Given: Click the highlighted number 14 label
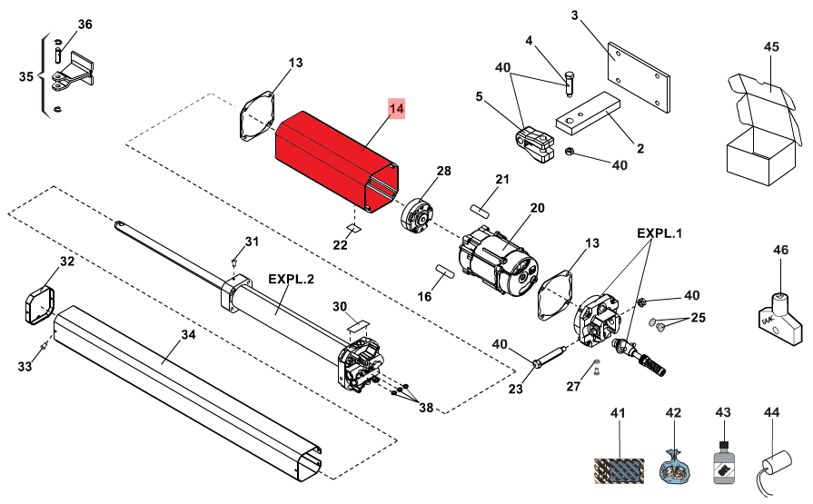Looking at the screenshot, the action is point(396,108).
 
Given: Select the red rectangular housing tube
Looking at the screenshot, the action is point(337,162).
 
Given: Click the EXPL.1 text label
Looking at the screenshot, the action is point(659,233).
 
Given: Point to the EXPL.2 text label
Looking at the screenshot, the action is point(291,279).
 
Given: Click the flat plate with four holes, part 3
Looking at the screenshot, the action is point(639,77).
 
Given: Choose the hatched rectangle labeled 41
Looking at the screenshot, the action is point(620,470).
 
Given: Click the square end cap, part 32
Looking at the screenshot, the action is point(40,305).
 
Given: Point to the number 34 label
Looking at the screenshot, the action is point(188,335).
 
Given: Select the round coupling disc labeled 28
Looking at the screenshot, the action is point(416,214).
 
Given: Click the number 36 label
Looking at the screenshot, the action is point(85,25).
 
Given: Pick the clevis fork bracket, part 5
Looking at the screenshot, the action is point(534,144).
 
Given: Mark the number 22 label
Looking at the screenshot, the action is point(340,245).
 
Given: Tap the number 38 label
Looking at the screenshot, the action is point(426,408).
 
